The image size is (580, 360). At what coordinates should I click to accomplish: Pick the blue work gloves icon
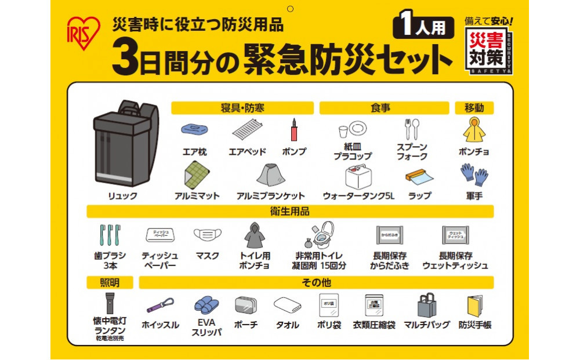[474, 174]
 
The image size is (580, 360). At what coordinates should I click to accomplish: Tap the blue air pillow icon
[194, 129]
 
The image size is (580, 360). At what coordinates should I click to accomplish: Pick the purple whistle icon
[160, 305]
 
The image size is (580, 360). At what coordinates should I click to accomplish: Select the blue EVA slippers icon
[206, 305]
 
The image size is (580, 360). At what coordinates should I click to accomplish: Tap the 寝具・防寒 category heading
[242, 108]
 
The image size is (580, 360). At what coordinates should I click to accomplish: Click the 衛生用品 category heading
[290, 211]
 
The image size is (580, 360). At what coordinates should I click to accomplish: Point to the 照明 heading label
[110, 282]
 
